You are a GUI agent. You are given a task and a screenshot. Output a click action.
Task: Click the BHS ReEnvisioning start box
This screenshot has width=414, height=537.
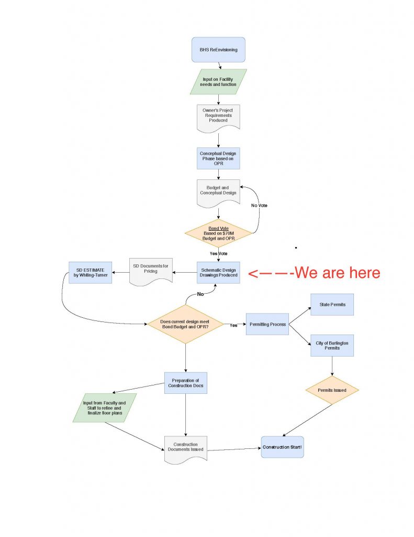click(218, 50)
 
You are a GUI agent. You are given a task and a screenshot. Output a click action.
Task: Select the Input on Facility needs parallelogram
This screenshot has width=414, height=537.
click(218, 81)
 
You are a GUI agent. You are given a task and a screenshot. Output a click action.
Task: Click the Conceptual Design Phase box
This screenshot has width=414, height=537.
click(218, 158)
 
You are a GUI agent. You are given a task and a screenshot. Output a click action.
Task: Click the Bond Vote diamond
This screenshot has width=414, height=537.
click(218, 233)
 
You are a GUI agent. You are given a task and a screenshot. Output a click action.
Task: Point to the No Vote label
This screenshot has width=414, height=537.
click(259, 205)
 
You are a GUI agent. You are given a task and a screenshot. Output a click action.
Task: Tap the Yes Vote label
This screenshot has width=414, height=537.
click(218, 254)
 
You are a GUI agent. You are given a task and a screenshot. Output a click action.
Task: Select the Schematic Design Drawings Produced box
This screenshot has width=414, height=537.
click(218, 272)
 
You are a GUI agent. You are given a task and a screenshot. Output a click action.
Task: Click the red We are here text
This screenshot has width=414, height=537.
click(314, 273)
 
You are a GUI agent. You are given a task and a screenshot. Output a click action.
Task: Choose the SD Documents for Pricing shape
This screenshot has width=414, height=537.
click(151, 271)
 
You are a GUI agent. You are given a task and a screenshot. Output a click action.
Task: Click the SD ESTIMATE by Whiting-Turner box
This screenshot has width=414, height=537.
click(90, 272)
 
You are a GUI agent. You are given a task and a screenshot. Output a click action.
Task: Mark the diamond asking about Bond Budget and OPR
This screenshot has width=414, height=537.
click(186, 324)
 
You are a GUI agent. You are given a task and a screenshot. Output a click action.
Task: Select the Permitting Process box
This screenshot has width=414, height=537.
click(267, 324)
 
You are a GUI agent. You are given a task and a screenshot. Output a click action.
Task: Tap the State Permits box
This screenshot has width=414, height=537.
click(332, 304)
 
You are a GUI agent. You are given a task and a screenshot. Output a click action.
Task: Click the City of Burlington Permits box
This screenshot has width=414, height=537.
click(332, 345)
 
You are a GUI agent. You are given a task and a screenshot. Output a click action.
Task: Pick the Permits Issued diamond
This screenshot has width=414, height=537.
click(332, 390)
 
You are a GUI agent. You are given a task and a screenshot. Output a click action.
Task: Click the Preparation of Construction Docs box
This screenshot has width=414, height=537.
click(186, 383)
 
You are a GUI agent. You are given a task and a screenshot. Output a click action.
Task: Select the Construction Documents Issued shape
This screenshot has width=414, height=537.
click(186, 448)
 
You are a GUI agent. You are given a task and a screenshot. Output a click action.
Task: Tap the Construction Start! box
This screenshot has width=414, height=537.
click(282, 447)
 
